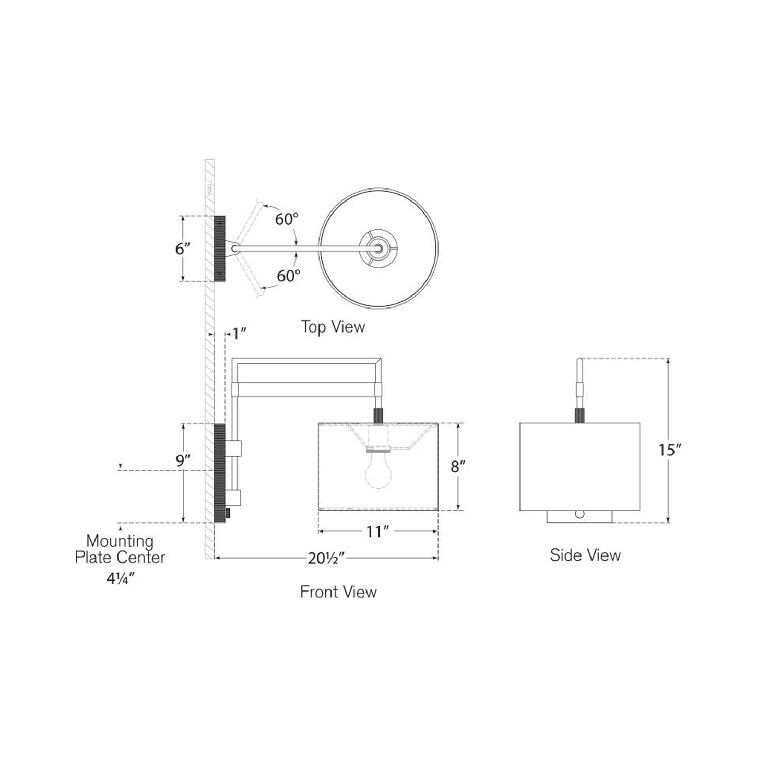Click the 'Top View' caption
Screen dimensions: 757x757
pos(333,327)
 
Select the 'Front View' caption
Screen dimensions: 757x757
pos(338,592)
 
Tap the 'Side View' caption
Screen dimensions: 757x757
pos(585,554)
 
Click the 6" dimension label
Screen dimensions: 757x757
pos(182,249)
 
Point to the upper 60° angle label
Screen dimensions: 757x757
pos(287,219)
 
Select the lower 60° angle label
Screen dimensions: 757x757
pos(288,276)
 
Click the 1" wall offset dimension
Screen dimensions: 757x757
pos(239,333)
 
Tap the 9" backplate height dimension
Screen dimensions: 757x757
pos(183,461)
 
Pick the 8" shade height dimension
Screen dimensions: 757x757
pos(458,466)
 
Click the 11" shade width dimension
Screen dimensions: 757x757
pos(378,531)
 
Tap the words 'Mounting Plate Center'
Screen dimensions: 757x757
pos(120,549)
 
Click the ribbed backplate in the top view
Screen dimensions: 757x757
pos(219,249)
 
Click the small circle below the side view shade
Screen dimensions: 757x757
pos(579,514)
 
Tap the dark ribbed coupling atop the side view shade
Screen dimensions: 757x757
pos(579,415)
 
